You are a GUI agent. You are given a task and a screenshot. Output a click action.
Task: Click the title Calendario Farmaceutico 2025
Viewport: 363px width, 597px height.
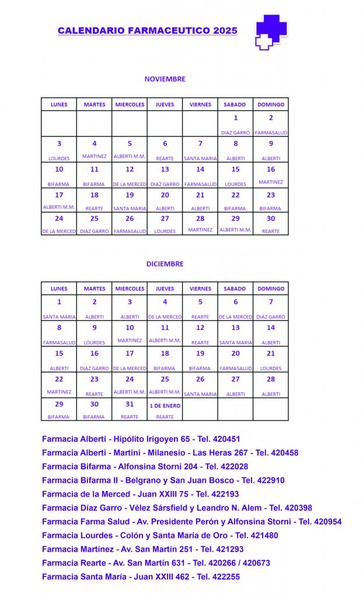[x=148, y=30]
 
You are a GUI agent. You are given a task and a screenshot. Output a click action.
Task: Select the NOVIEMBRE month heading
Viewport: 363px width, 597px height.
[x=165, y=79]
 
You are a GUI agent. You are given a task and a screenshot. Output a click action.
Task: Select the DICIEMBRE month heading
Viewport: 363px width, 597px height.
[x=165, y=264]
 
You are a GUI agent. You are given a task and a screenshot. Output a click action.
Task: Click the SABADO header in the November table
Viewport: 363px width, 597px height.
[x=235, y=104]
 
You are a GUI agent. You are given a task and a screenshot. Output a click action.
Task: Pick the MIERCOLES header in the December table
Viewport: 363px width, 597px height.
[x=130, y=289]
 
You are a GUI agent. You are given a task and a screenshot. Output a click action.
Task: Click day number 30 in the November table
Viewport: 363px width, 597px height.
[x=270, y=219]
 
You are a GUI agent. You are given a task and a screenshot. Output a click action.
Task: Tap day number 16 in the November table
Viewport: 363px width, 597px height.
[x=270, y=169]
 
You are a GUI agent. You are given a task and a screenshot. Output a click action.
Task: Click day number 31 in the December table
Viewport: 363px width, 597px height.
[x=130, y=404]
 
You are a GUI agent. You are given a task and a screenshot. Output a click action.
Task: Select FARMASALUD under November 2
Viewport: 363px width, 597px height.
[x=271, y=133]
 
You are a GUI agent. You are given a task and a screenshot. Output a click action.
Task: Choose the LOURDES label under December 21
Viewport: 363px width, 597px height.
[x=270, y=368]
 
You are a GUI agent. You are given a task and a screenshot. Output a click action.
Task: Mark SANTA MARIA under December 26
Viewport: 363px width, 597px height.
[x=200, y=394]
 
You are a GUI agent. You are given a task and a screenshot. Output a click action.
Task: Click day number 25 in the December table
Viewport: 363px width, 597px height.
[x=165, y=379]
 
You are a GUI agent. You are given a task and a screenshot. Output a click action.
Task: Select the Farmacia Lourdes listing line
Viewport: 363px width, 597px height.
[x=160, y=535]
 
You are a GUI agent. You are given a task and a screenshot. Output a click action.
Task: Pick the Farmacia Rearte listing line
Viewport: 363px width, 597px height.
[x=156, y=563]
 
